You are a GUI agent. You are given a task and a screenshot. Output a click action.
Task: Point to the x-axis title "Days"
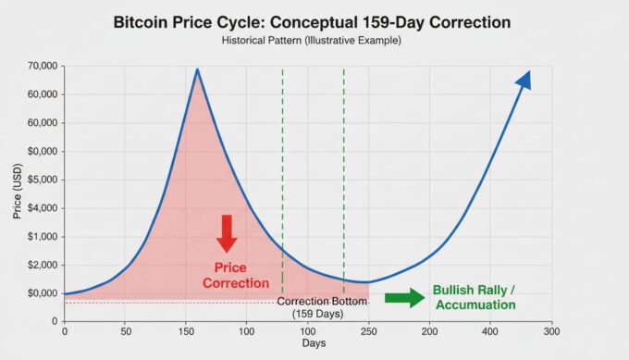(314, 344)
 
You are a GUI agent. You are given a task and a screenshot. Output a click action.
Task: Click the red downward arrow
(227, 232)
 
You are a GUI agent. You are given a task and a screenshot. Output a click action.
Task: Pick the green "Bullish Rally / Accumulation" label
(475, 297)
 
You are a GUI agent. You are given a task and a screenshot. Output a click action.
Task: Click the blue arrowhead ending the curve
(524, 81)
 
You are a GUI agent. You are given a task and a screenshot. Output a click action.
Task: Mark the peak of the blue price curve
(197, 69)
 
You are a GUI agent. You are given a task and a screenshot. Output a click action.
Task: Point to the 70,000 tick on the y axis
(41, 66)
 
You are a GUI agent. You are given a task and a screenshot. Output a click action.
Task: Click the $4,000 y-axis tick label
(42, 208)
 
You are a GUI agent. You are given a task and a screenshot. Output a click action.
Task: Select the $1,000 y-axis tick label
(42, 237)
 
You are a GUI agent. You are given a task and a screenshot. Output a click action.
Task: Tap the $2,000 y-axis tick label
(42, 265)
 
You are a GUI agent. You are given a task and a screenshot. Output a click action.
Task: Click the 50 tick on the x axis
(125, 330)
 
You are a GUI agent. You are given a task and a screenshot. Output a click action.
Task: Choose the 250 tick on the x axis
(368, 330)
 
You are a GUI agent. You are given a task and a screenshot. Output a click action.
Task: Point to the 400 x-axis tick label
(490, 330)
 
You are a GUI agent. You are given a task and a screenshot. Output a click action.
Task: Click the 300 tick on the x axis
(550, 330)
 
